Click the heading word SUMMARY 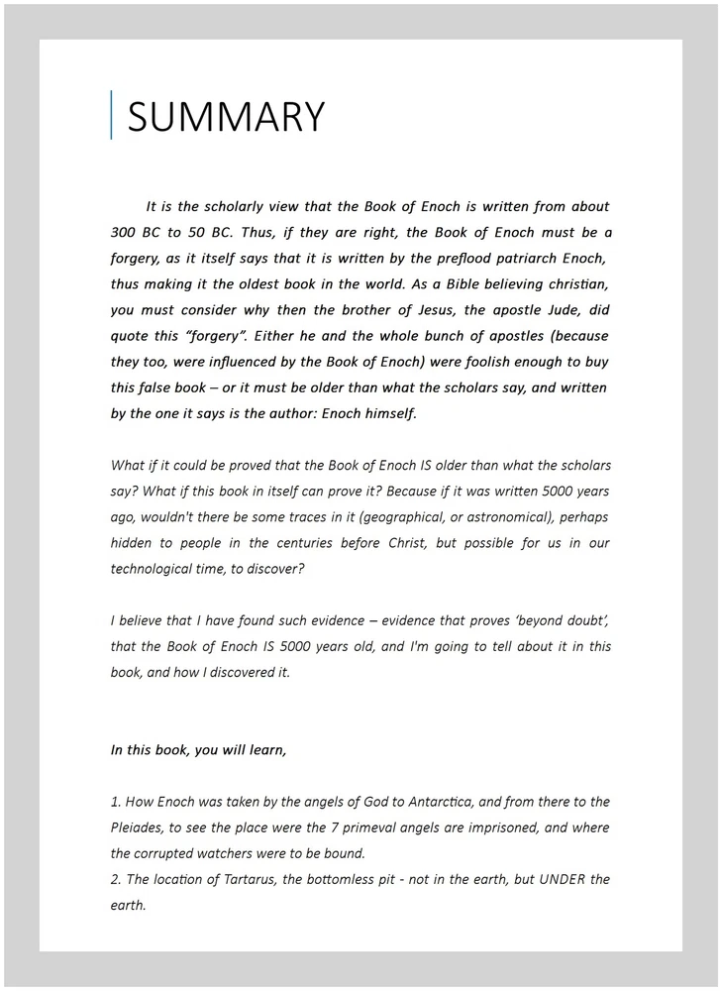coord(226,117)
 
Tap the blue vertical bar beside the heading coord(111,115)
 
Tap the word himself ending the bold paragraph coord(388,414)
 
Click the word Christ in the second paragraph coord(394,543)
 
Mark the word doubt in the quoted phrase coord(584,620)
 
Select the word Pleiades coord(139,827)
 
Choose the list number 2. coord(115,879)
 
